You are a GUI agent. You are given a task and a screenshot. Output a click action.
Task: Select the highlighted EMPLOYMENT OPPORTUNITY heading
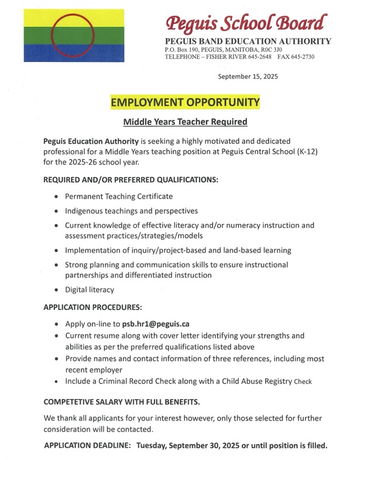coord(185,102)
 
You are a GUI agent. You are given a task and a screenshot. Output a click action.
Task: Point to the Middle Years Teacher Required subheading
coord(185,122)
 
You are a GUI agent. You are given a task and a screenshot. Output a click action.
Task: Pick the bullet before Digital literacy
coord(57,290)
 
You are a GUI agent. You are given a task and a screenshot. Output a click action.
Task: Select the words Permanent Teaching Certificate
coord(119,197)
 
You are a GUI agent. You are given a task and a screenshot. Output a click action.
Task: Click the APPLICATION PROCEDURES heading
coord(92,307)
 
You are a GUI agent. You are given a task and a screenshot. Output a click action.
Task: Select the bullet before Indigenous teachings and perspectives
coord(57,211)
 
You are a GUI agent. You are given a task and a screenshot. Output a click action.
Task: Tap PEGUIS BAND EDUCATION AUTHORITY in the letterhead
coord(248,41)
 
